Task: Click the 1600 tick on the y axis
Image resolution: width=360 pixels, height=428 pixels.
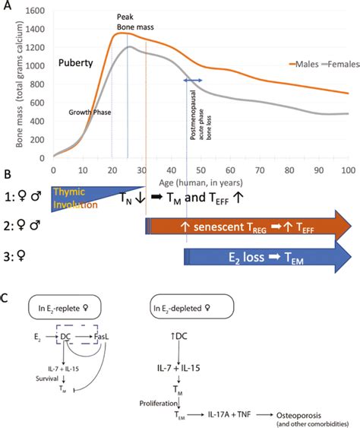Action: [36, 14]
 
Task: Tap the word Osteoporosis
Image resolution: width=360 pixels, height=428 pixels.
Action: [303, 411]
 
